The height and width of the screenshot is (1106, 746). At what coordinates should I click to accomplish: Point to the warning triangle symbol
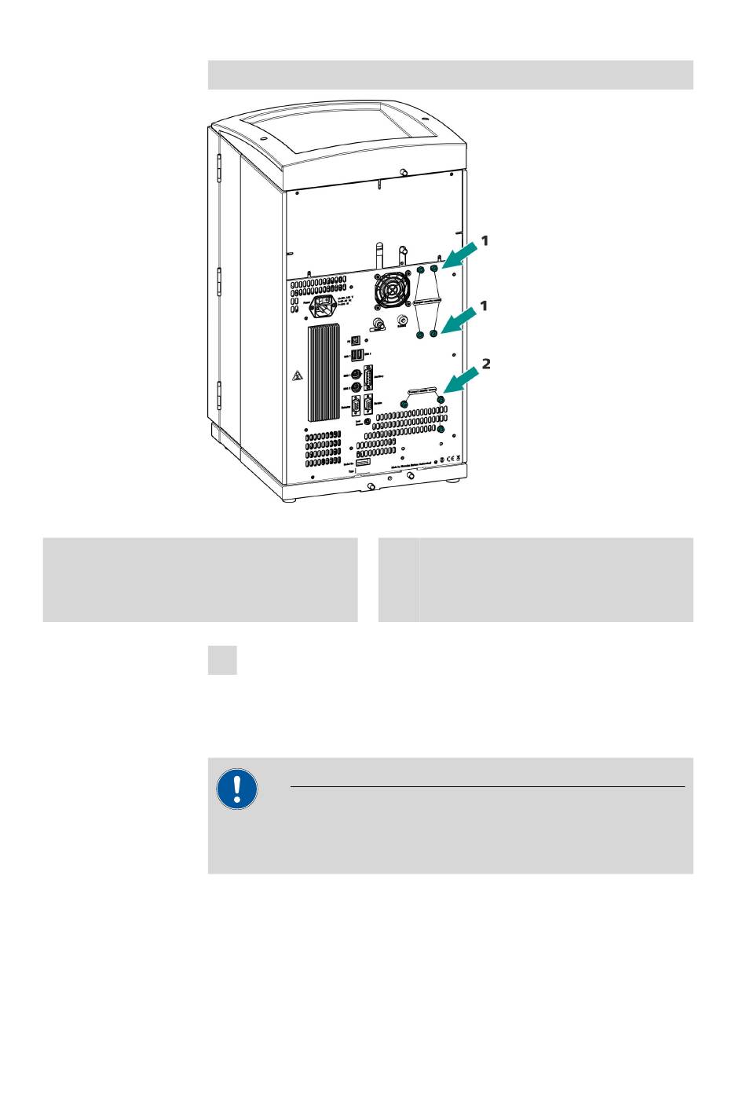tap(298, 376)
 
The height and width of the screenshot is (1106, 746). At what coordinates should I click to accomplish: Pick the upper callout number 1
tap(485, 240)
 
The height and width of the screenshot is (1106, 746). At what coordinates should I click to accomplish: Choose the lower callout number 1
tap(485, 306)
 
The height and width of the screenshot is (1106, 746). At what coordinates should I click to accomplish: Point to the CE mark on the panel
tap(452, 459)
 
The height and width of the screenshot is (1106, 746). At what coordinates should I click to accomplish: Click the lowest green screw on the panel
tap(441, 430)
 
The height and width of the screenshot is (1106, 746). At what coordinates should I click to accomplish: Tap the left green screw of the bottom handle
tap(404, 403)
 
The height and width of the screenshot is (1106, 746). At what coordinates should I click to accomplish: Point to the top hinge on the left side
tap(220, 164)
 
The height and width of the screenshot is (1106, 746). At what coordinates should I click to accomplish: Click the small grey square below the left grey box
tap(222, 660)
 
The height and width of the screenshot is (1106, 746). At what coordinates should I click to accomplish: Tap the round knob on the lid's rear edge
tap(403, 172)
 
